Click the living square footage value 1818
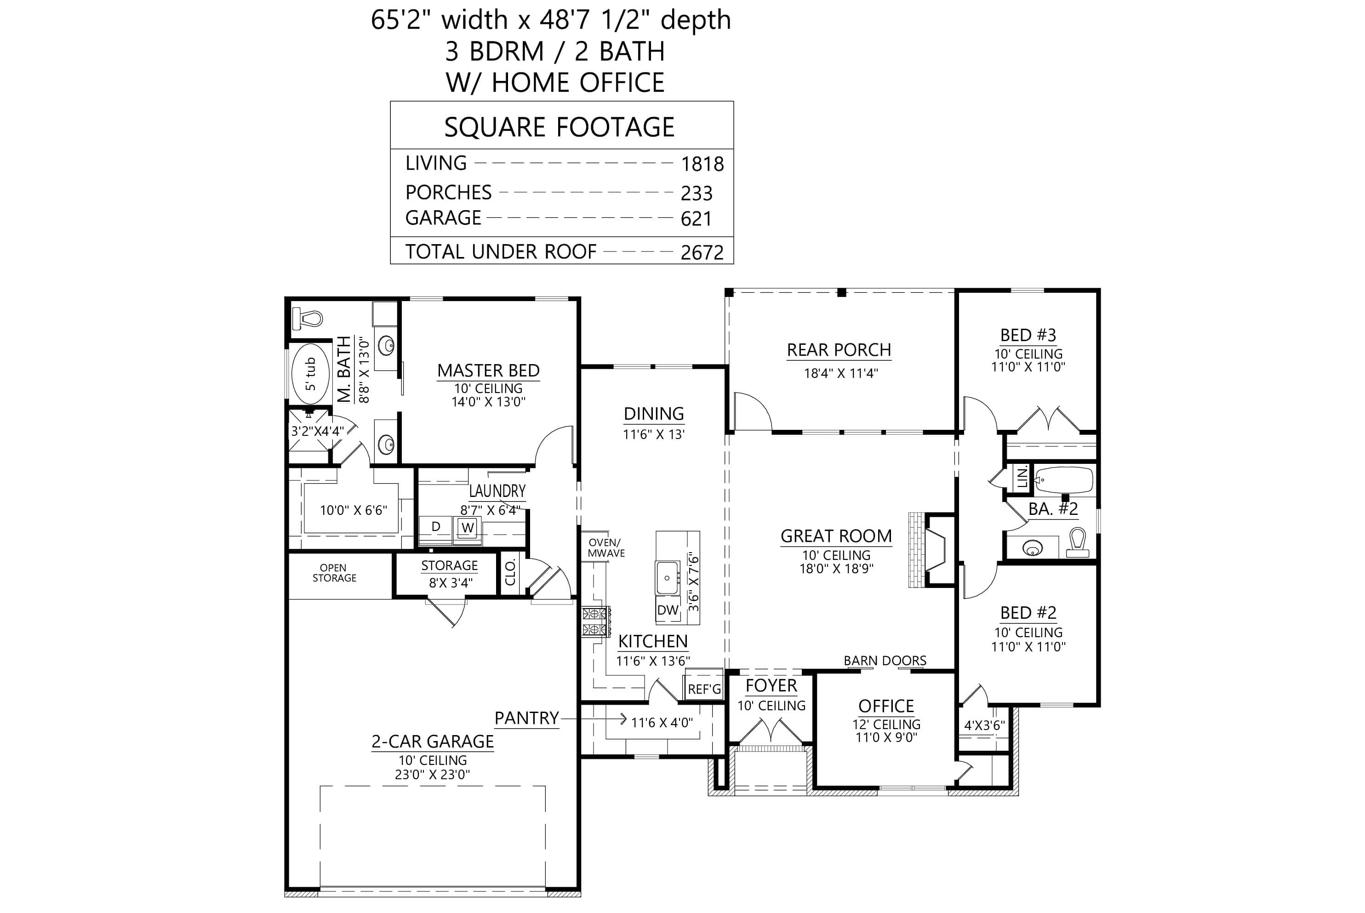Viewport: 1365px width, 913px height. [x=702, y=164]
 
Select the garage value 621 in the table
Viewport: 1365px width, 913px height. [x=696, y=219]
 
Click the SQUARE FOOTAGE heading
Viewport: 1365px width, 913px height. [x=559, y=127]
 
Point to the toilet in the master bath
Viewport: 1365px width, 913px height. [x=308, y=319]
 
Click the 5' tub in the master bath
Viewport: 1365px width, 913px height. [x=310, y=374]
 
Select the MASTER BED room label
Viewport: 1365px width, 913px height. [x=488, y=371]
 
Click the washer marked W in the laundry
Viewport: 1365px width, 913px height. [x=468, y=528]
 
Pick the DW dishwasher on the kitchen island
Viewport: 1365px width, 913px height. [x=668, y=610]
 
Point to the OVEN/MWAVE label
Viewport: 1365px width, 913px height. [x=605, y=548]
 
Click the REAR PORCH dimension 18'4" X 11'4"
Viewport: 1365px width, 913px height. [x=840, y=373]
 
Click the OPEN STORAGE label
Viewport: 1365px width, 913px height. [x=334, y=573]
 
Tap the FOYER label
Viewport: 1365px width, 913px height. [x=771, y=686]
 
